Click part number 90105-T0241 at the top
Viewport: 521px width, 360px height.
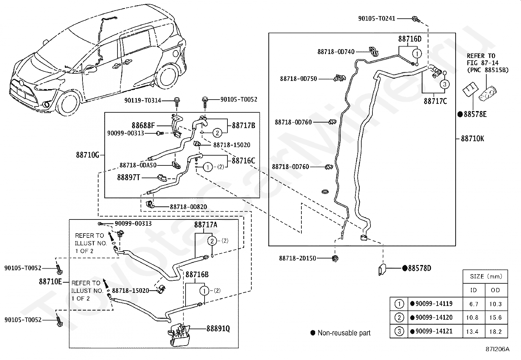click(377, 19)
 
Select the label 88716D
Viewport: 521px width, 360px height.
click(410, 39)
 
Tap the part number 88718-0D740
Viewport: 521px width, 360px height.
click(336, 52)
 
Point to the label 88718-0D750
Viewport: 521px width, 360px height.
click(298, 79)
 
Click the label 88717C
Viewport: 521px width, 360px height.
click(435, 101)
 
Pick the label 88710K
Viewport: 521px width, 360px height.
click(472, 139)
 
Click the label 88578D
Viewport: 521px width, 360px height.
click(420, 268)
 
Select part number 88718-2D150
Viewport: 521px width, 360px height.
click(297, 258)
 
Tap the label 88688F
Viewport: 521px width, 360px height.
click(143, 125)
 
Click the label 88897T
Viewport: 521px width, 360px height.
click(129, 177)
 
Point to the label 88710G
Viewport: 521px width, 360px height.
click(87, 155)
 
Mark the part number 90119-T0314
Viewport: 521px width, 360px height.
click(143, 100)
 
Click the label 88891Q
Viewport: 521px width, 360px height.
click(218, 328)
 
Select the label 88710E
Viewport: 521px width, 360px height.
click(50, 281)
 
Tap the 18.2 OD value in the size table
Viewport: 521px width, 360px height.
click(495, 332)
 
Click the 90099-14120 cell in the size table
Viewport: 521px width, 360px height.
click(434, 317)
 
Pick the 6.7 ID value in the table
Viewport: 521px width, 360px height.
click(474, 304)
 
